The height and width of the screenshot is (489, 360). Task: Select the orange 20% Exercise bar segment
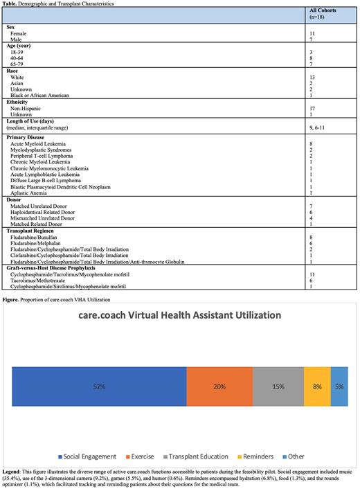(219, 386)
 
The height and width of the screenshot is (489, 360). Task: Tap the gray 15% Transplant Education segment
(278, 386)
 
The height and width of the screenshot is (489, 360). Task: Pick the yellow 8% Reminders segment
(317, 386)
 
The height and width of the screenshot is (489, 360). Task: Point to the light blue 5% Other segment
(339, 386)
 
